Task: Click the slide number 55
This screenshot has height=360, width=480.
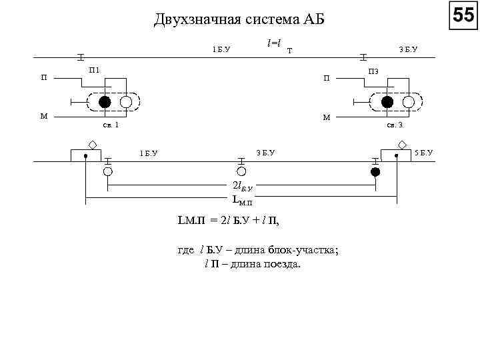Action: click(463, 15)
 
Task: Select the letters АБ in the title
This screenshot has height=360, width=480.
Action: click(313, 19)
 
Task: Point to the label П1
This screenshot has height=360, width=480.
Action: click(95, 70)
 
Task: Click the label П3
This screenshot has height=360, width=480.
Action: click(373, 71)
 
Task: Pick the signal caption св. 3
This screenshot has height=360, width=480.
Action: click(395, 125)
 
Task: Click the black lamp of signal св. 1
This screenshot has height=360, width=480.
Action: click(105, 102)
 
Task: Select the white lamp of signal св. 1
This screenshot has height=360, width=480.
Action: click(126, 102)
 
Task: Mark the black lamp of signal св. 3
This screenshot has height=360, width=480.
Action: click(387, 102)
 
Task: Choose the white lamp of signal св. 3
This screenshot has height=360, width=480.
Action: click(409, 102)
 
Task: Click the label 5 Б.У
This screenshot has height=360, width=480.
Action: click(423, 153)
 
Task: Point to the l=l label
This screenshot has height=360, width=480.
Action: click(273, 43)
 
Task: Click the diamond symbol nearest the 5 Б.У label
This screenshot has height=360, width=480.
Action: click(402, 144)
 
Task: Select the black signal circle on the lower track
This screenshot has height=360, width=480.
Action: click(375, 171)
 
